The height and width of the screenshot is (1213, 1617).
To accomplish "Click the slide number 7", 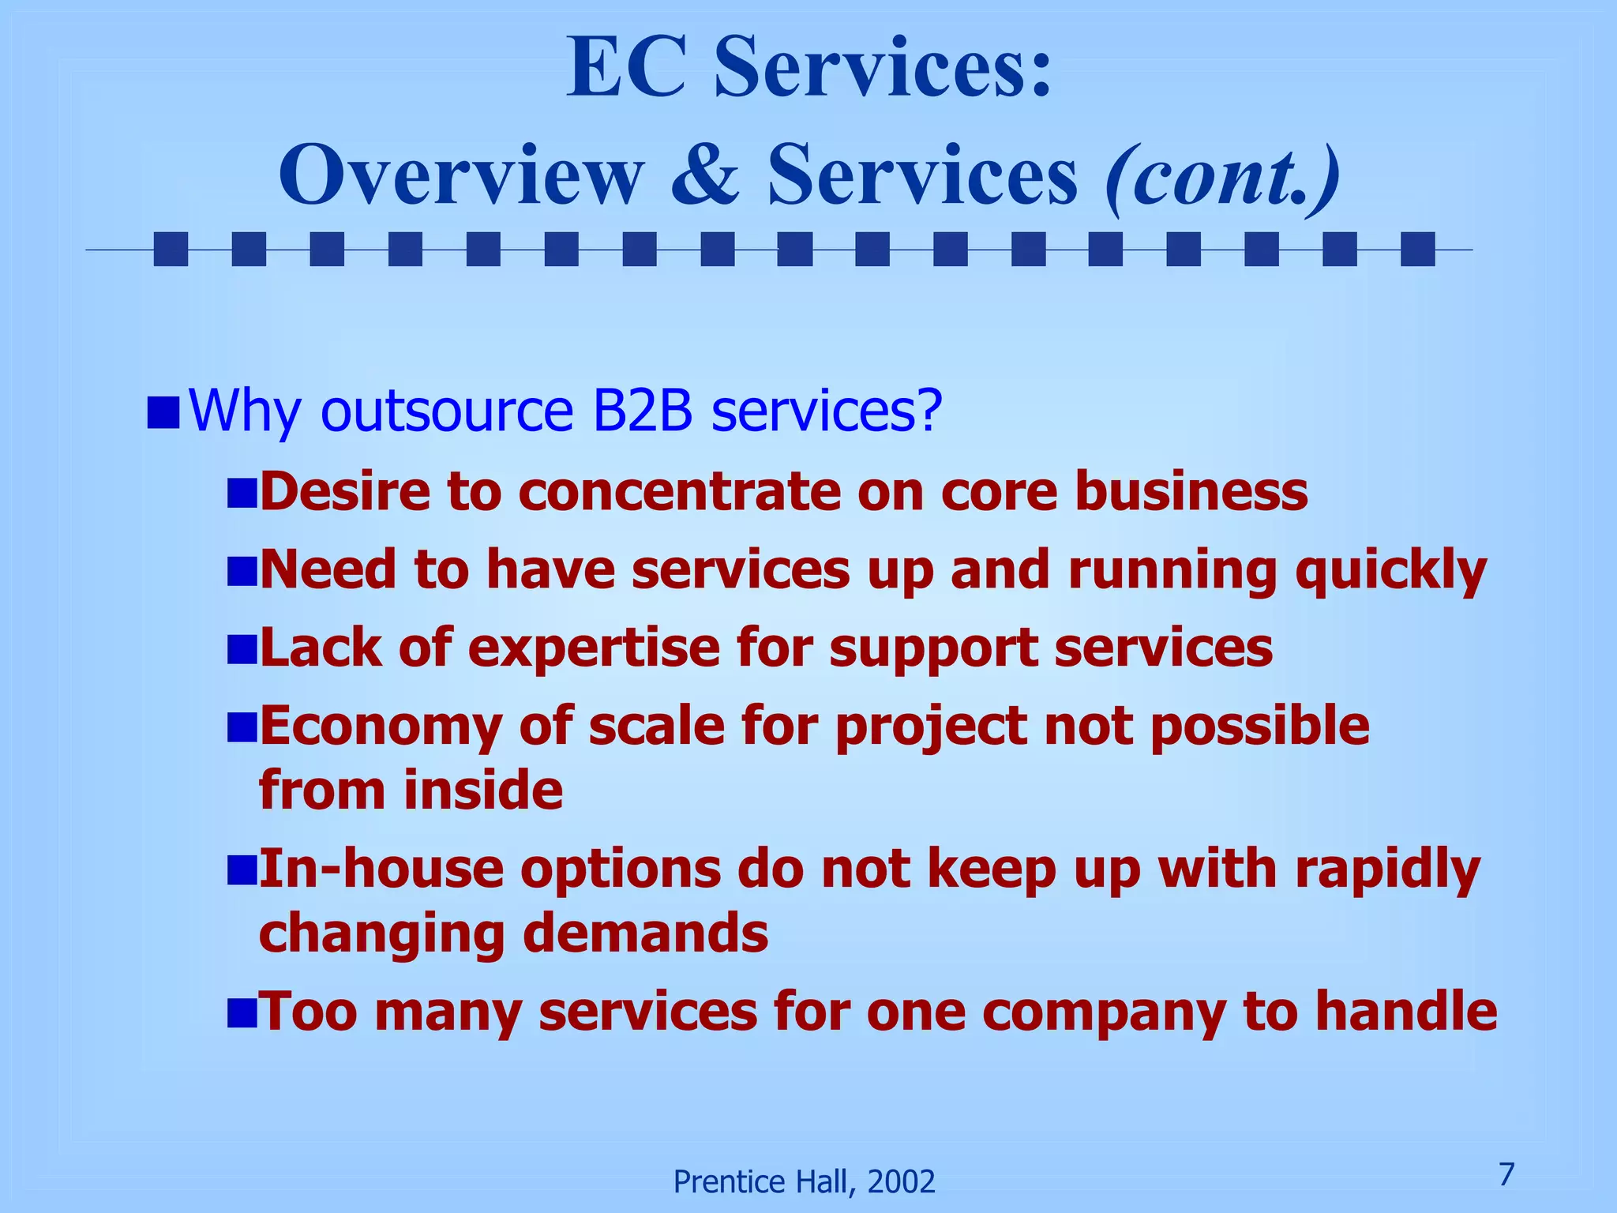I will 1506,1174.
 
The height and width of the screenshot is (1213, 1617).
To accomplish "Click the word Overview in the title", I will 461,175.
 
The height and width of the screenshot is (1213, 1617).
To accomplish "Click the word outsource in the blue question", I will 446,411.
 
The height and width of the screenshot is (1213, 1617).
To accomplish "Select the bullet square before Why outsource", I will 163,412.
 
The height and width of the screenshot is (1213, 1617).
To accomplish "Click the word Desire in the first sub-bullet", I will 345,491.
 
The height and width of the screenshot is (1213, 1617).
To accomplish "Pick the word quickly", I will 1390,570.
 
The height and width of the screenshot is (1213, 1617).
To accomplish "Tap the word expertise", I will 594,648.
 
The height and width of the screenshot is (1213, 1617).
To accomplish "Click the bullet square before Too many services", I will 242,1012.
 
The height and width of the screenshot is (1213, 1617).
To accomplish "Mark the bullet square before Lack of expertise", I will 242,649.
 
